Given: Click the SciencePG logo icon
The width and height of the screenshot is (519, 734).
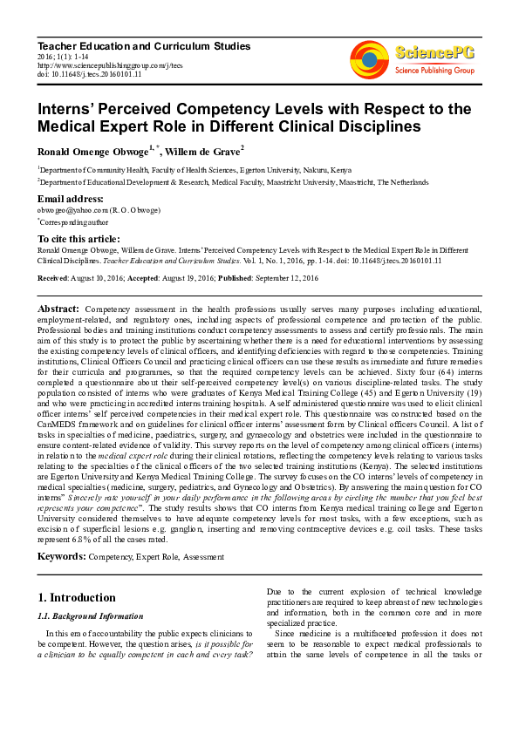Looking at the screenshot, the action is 370,59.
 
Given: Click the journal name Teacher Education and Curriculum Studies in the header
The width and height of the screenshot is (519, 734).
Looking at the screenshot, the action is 144,45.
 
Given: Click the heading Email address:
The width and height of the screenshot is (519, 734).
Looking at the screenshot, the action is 70,199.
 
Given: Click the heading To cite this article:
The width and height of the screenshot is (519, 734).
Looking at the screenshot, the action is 79,238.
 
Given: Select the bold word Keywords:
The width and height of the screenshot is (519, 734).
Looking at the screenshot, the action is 61,555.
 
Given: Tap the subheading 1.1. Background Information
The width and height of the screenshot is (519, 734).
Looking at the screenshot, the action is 84,616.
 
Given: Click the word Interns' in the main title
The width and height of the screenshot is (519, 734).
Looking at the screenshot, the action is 69,108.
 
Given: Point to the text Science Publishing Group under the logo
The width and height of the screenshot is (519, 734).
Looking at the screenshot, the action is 434,70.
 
